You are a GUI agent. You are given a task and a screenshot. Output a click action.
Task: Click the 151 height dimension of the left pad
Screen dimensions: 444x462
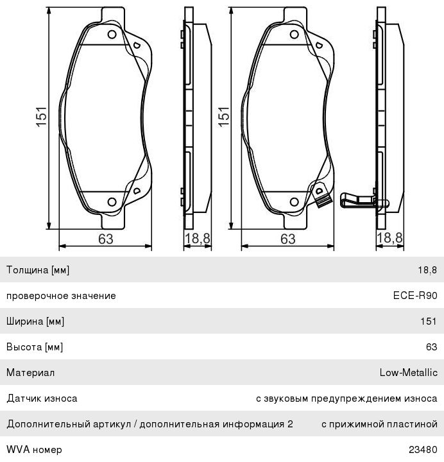coord(42,117)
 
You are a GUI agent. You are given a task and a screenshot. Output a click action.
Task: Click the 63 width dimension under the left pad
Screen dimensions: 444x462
coord(105,239)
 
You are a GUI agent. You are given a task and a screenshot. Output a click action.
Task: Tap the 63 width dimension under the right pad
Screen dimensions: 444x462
coord(287,239)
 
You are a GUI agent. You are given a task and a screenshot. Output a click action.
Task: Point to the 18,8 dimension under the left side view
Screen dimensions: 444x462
coord(197,238)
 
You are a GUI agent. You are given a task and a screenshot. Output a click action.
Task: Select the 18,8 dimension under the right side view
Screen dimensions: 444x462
coord(389,237)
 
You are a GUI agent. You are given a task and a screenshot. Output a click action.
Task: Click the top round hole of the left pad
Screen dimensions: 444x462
coord(112,35)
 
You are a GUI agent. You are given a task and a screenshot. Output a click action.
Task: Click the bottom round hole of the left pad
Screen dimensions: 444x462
coord(112,202)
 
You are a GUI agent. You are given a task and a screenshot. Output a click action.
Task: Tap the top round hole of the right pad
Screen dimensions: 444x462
coord(295,35)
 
